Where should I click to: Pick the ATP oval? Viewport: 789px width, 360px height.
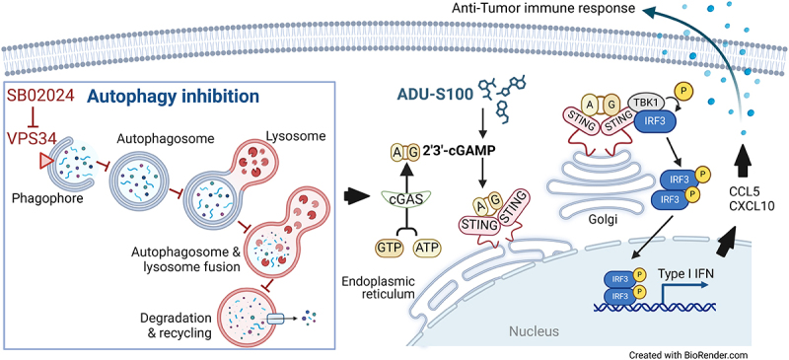[426, 248]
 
